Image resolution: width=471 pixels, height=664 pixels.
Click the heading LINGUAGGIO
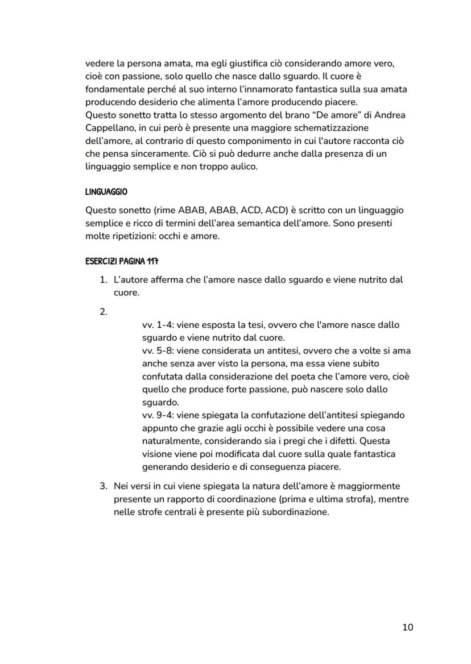coord(106,193)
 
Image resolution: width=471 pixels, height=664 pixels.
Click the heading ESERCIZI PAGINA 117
coord(121,262)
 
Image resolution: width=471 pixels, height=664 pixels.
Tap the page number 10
coord(407,627)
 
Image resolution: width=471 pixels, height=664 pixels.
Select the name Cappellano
coord(109,128)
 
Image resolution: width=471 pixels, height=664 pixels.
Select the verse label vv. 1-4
coord(158,325)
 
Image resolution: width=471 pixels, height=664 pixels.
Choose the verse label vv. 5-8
coord(158,350)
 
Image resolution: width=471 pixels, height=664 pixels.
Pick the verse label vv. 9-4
coord(158,415)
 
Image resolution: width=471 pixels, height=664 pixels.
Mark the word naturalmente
coord(172,440)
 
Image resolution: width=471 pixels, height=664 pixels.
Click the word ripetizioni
coord(136,236)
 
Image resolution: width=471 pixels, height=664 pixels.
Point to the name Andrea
coord(389,115)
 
